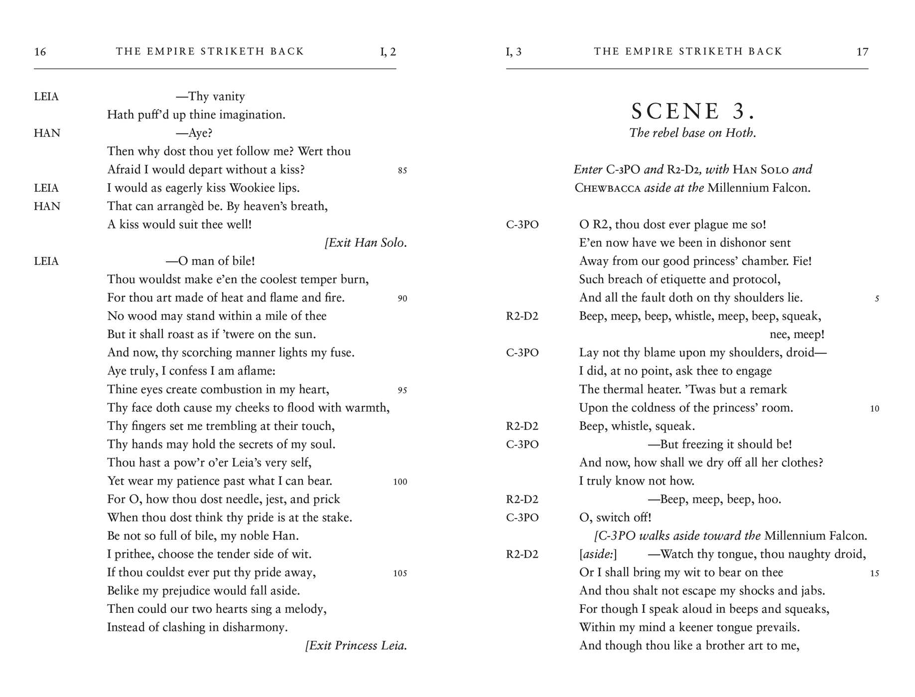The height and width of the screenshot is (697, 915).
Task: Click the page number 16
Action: (40, 52)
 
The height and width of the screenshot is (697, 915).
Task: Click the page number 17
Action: (862, 52)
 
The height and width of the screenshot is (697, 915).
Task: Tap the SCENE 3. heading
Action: (692, 112)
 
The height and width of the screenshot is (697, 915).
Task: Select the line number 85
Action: (402, 171)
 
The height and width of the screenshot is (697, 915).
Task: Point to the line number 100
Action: (400, 482)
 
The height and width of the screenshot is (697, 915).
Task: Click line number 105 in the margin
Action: (400, 574)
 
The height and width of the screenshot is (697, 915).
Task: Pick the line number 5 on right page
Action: (877, 299)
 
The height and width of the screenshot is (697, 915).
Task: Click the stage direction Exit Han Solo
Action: (366, 243)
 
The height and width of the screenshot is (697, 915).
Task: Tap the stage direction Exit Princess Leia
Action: (357, 646)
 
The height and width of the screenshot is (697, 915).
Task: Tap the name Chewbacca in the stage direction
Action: (607, 188)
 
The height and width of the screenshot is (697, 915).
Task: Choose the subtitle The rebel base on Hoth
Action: (692, 133)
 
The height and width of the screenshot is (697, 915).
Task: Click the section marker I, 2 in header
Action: (388, 52)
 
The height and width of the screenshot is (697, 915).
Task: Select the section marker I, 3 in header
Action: (514, 52)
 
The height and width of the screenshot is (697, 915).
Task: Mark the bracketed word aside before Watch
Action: (598, 555)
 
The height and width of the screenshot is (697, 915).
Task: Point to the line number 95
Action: (402, 390)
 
